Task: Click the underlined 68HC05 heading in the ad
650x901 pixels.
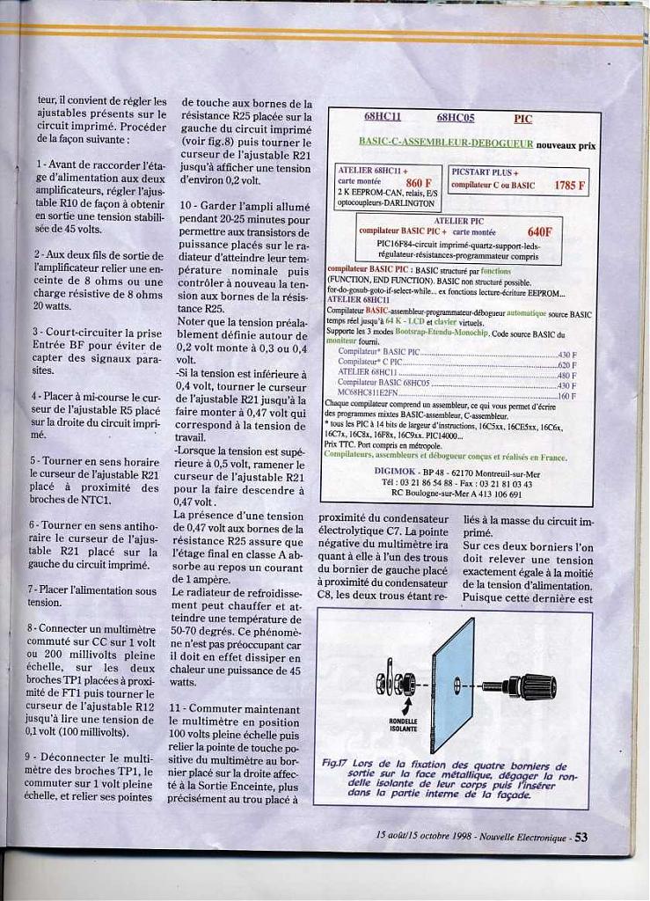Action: (455, 117)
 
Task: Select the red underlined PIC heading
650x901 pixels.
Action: (522, 119)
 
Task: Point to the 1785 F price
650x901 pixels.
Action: (570, 186)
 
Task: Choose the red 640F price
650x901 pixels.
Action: (539, 231)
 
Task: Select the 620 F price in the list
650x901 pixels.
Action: (566, 363)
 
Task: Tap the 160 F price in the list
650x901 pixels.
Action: (566, 396)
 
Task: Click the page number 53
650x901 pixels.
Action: (581, 837)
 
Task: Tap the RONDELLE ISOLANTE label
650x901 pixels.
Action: (404, 725)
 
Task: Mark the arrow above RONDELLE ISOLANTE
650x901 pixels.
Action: (405, 706)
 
